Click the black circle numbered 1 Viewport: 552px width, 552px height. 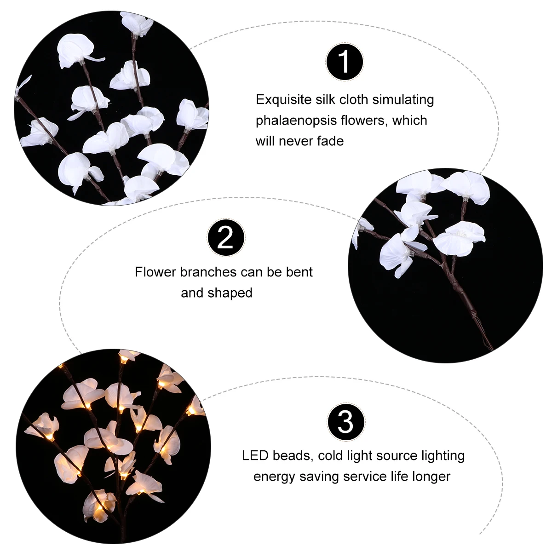click(345, 62)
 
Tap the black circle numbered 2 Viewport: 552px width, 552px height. click(225, 238)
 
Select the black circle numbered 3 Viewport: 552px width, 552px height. click(346, 422)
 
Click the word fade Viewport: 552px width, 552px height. click(330, 141)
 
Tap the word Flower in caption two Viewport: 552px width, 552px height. click(155, 272)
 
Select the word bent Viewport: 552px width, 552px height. click(299, 272)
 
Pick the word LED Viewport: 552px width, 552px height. click(255, 455)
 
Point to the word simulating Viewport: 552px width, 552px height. click(403, 100)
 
